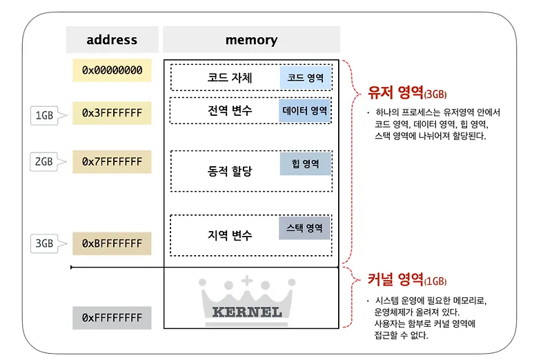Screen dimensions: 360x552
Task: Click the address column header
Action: [112, 40]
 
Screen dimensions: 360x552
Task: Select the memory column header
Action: [251, 40]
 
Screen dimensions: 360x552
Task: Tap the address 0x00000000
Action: [112, 70]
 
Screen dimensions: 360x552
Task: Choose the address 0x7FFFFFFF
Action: [112, 161]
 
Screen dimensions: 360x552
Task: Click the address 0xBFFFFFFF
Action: [112, 243]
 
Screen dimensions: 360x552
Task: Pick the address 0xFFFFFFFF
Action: [112, 317]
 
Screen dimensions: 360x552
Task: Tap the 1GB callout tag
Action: [45, 116]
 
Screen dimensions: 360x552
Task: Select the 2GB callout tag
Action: [45, 163]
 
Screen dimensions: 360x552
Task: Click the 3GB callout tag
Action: [45, 243]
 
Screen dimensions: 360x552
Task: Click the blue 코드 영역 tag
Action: [306, 77]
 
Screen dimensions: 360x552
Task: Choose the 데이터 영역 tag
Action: [306, 110]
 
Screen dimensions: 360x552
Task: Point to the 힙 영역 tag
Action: [306, 164]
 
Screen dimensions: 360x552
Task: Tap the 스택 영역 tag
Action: [304, 228]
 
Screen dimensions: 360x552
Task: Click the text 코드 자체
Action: [229, 77]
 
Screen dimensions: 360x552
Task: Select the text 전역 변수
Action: [229, 110]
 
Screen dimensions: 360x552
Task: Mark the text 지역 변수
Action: [229, 235]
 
